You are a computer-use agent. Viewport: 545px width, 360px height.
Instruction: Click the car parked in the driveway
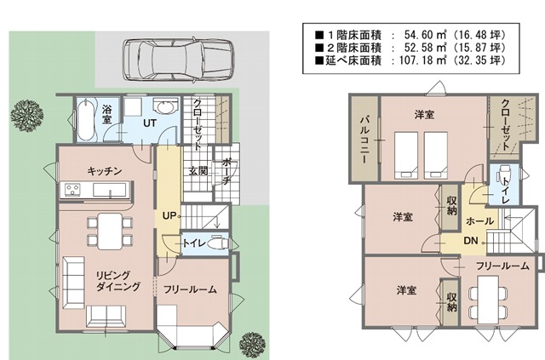point(179,60)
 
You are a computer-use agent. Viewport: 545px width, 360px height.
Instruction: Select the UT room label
point(150,123)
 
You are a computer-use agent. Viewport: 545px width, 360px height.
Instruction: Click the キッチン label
point(104,170)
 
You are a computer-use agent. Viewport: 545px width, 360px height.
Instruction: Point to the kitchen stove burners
point(73,190)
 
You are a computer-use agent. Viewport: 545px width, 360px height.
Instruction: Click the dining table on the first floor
point(110,231)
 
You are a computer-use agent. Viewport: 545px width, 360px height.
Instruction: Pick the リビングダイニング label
point(118,281)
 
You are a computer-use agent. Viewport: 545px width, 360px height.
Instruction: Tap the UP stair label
point(169,216)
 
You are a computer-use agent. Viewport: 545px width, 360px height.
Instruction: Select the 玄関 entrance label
point(198,170)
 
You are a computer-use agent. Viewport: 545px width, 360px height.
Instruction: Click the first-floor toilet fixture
point(218,243)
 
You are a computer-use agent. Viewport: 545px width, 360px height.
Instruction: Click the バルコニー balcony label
point(364,140)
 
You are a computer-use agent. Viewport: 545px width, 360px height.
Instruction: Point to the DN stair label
point(471,241)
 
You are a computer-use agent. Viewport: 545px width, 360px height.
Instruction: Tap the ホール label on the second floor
point(479,220)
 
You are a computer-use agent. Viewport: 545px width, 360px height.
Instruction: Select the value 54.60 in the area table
point(418,35)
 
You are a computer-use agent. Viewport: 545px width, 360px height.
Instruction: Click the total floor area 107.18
point(415,60)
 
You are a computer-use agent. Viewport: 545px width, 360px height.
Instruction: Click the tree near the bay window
point(253,345)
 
